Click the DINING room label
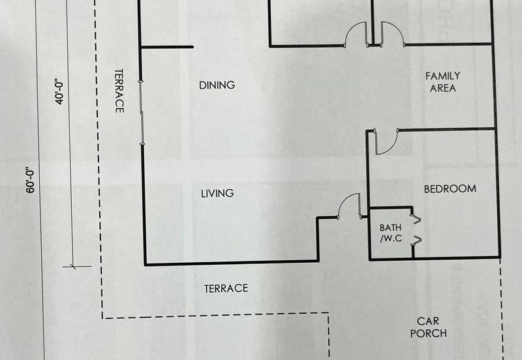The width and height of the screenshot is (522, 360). pos(217,85)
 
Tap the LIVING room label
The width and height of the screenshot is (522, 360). pos(217,193)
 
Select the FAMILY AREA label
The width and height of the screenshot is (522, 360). pos(442,82)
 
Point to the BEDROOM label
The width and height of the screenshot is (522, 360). pos(450,188)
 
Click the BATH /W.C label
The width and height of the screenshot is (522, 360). pos(391,233)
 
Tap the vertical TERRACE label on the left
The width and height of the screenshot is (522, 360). pos(119,91)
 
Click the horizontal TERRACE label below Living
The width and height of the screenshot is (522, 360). pos(226,288)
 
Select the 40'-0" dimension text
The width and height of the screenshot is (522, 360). pos(60,91)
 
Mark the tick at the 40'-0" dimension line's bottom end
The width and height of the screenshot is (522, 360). pos(72,266)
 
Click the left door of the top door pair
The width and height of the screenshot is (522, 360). pos(356,33)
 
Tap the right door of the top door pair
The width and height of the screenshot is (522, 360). pos(391,33)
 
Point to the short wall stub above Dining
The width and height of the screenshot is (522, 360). pos(167,47)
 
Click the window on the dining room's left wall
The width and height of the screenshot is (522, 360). pos(142,111)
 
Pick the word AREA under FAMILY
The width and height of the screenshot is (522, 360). pos(442,88)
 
